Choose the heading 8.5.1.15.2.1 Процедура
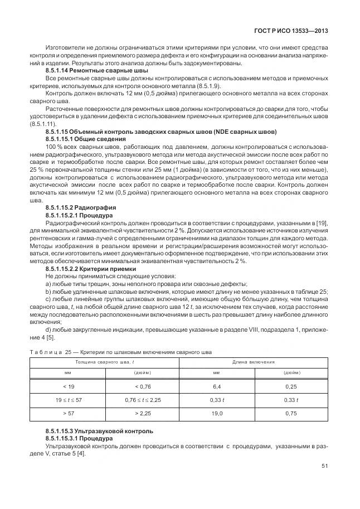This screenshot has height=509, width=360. coord(79,214)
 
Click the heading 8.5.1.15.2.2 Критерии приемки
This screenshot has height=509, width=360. coord(90,269)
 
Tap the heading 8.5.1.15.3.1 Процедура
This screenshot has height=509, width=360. coord(79,439)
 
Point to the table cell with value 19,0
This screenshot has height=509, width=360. coord(217,414)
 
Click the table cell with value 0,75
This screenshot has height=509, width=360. coord(291,414)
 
